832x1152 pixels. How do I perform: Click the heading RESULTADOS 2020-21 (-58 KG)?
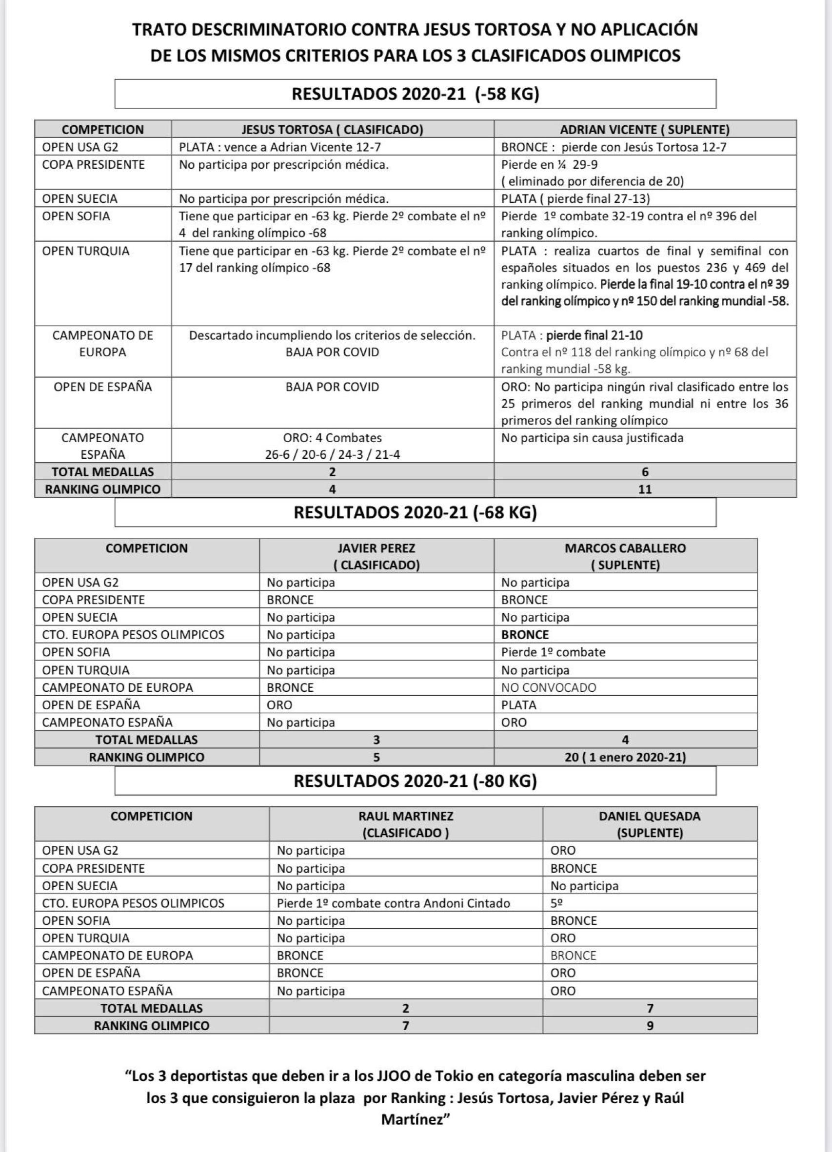pyautogui.click(x=415, y=94)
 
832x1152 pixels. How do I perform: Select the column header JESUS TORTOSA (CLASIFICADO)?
pyautogui.click(x=332, y=130)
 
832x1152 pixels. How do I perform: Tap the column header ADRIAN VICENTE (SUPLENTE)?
pyautogui.click(x=644, y=130)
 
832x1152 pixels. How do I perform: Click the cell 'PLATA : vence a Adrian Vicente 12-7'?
pyautogui.click(x=279, y=147)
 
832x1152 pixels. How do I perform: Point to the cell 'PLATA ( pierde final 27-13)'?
pyautogui.click(x=575, y=198)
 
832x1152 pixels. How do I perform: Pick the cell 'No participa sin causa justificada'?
pyautogui.click(x=592, y=438)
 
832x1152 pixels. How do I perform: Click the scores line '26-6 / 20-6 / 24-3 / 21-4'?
pyautogui.click(x=332, y=454)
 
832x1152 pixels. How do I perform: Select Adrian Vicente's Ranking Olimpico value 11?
pyautogui.click(x=644, y=489)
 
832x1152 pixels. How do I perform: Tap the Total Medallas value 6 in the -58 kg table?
pyautogui.click(x=644, y=472)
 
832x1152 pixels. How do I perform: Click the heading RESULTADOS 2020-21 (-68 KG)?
pyautogui.click(x=415, y=512)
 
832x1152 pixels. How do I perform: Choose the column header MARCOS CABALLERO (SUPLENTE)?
pyautogui.click(x=625, y=556)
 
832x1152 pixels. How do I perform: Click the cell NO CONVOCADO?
pyautogui.click(x=548, y=687)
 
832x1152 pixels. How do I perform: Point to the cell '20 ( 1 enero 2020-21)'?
pyautogui.click(x=625, y=757)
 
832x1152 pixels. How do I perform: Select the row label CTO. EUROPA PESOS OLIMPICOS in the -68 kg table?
pyautogui.click(x=133, y=634)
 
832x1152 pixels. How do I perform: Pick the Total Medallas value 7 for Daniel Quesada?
pyautogui.click(x=650, y=1008)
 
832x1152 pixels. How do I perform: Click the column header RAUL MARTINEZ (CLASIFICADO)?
pyautogui.click(x=406, y=824)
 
